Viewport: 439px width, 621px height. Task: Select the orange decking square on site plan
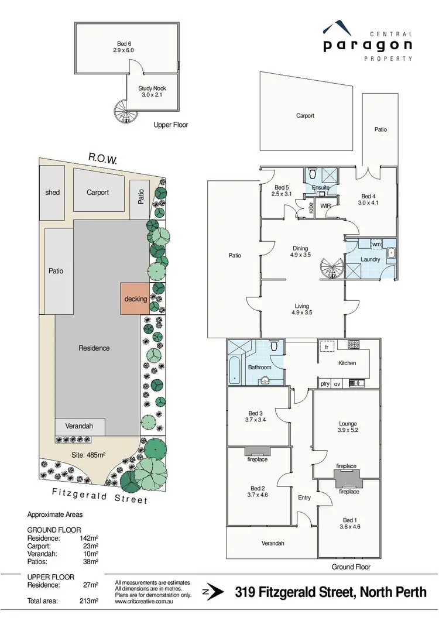pos(135,299)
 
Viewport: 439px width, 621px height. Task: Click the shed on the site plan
pos(53,192)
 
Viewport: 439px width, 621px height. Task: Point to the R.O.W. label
pos(104,157)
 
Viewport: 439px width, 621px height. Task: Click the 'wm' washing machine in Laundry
pos(376,244)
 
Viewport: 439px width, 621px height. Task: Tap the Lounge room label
pos(348,424)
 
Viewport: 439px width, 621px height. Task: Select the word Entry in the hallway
pos(304,498)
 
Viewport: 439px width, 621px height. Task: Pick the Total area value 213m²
pos(90,601)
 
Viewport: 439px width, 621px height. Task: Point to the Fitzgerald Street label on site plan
pos(100,496)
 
